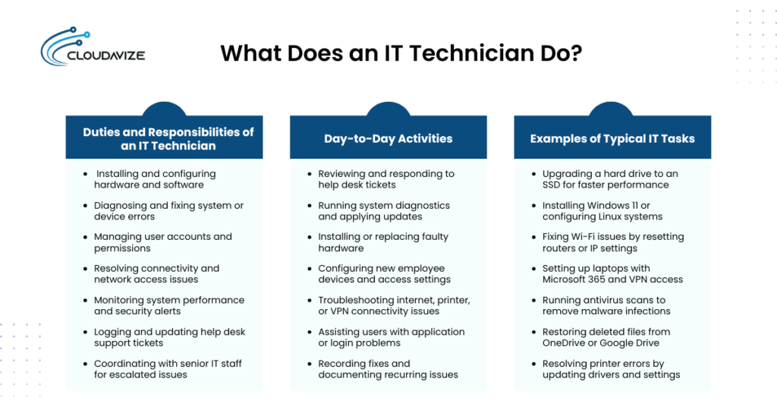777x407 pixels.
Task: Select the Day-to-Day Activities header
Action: point(388,138)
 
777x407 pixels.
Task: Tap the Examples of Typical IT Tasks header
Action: point(612,138)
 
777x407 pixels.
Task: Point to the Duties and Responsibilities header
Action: point(168,138)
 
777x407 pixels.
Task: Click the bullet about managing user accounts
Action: point(162,242)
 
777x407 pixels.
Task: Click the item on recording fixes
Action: point(387,368)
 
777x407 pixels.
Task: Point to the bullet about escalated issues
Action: point(167,368)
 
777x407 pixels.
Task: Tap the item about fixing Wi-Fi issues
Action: point(612,242)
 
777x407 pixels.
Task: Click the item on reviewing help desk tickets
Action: point(385,179)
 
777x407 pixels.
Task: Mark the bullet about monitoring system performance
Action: point(168,305)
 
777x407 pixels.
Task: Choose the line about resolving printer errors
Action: point(610,368)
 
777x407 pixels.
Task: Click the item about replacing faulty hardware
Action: point(382,242)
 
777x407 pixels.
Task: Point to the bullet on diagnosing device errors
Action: point(168,210)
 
